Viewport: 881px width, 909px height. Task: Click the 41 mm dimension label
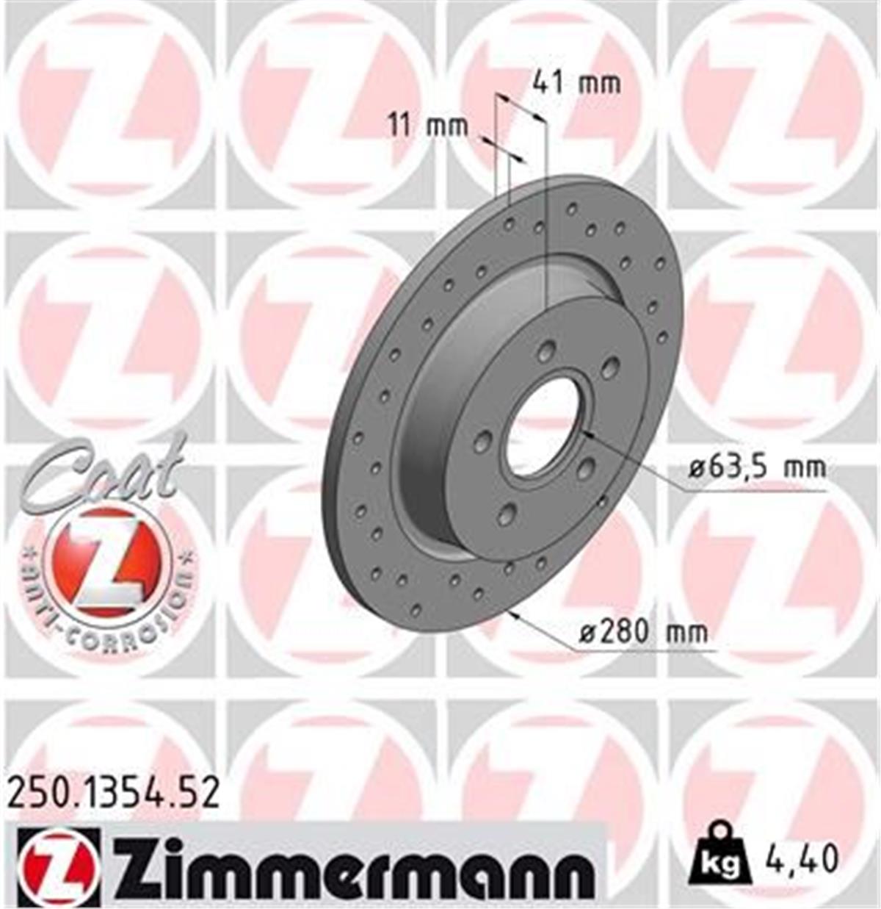[x=576, y=83]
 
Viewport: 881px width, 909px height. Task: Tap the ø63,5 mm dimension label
[x=757, y=466]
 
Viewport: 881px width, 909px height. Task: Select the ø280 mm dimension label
[x=642, y=631]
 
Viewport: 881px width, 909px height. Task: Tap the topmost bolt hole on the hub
[x=545, y=352]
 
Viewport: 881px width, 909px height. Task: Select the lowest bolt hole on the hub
[x=505, y=514]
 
